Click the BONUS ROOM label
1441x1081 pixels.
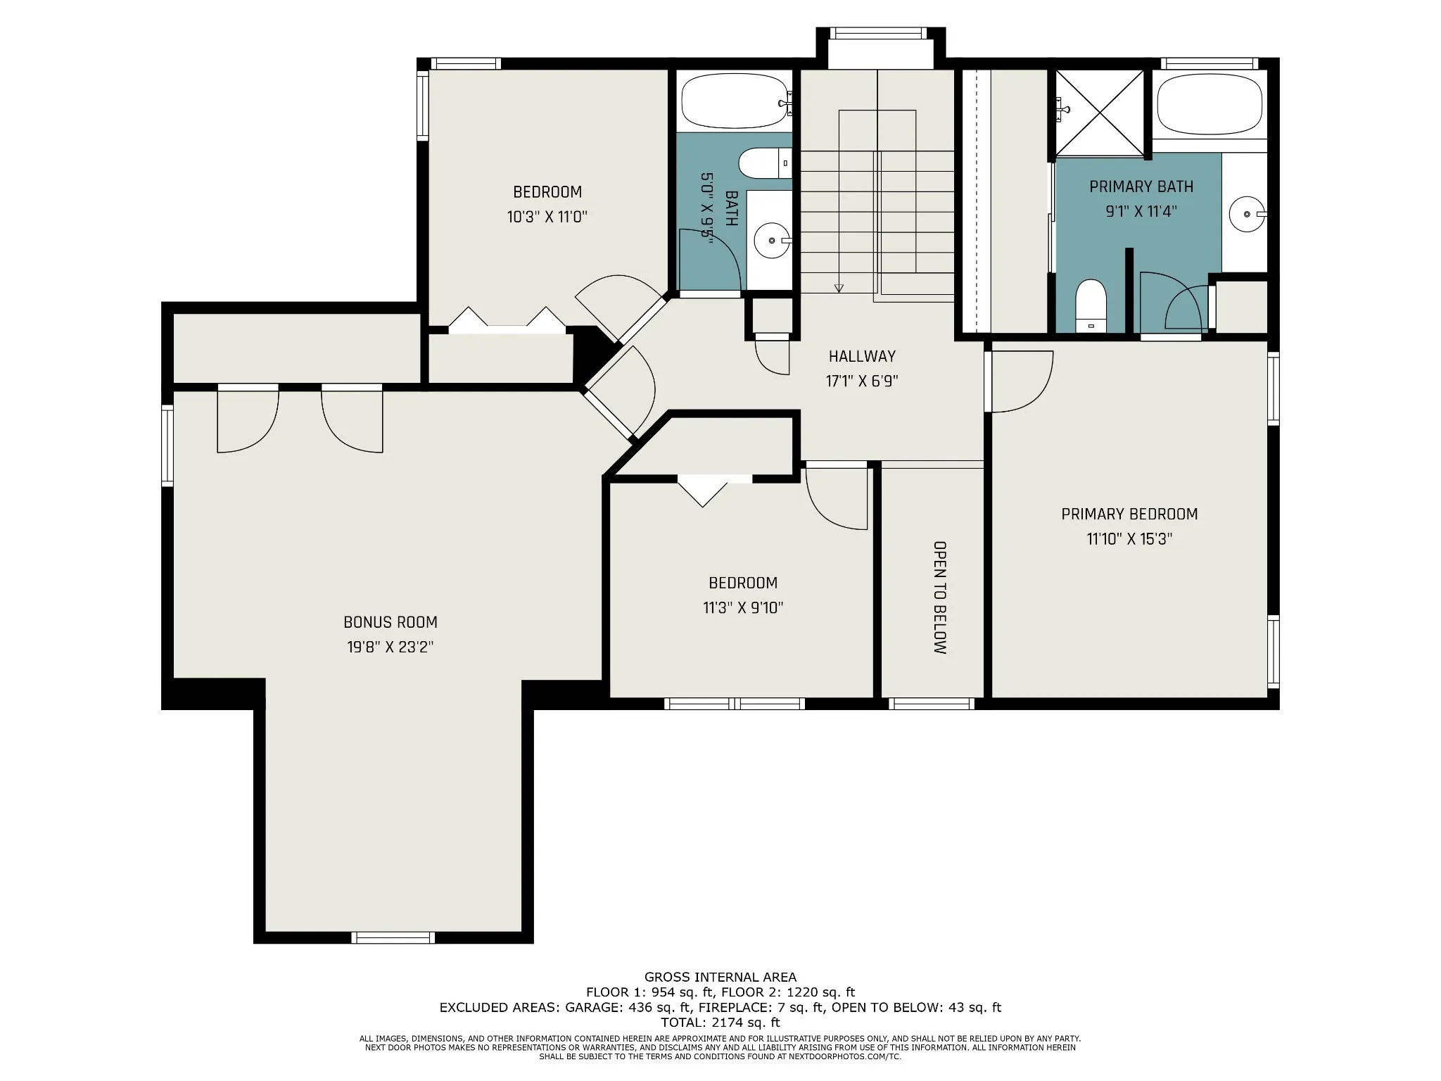(x=391, y=622)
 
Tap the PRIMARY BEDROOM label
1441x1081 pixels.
(x=1129, y=514)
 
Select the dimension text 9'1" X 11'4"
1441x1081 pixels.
(x=1141, y=211)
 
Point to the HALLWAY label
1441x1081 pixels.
(x=862, y=356)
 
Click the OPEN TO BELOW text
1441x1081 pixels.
(x=939, y=598)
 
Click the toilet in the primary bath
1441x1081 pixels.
(x=1091, y=305)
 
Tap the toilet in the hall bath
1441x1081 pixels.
(x=765, y=163)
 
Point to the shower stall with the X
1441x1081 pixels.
(x=1100, y=113)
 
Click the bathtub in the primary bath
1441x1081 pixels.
(x=1210, y=103)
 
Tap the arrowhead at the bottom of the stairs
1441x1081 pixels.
(x=839, y=288)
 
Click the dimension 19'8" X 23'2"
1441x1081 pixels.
(x=391, y=647)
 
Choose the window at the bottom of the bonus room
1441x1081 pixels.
(x=393, y=937)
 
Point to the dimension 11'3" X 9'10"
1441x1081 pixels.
(x=743, y=608)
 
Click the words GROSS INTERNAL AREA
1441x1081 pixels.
(x=720, y=977)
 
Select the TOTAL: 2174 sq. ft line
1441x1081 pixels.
(x=720, y=1023)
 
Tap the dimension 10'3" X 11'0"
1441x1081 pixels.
(x=547, y=217)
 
